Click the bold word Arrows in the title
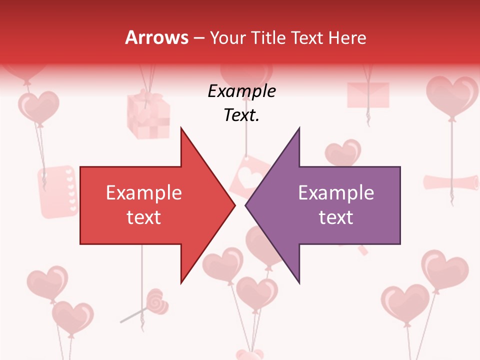[x=156, y=37]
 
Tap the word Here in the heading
[x=347, y=37]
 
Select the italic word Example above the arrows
[x=241, y=91]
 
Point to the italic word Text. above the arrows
[x=241, y=115]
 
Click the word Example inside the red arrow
[x=144, y=193]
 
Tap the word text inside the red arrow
[x=144, y=217]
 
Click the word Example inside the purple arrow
[x=336, y=193]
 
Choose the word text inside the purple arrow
[x=336, y=217]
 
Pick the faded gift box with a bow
[x=148, y=115]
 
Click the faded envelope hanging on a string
[x=368, y=94]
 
